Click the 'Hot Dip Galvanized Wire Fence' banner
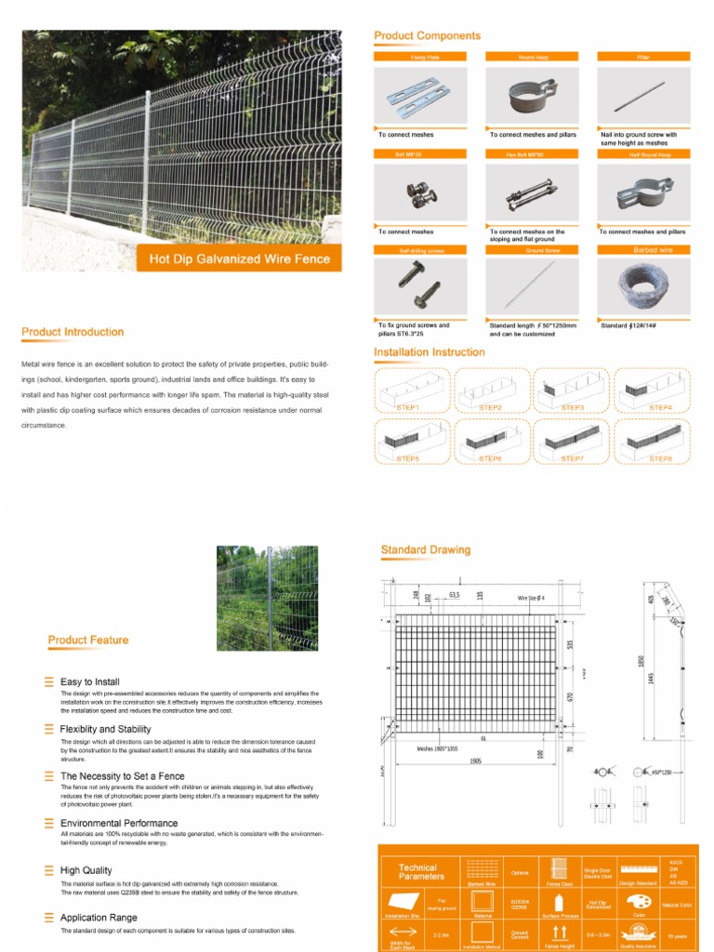tap(239, 258)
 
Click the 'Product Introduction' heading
tap(73, 332)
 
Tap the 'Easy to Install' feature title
tap(89, 681)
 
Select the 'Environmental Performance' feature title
tap(118, 823)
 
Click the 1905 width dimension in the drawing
tap(475, 760)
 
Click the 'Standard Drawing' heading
tap(425, 550)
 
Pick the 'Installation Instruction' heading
tap(429, 352)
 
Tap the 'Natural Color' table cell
tap(677, 904)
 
